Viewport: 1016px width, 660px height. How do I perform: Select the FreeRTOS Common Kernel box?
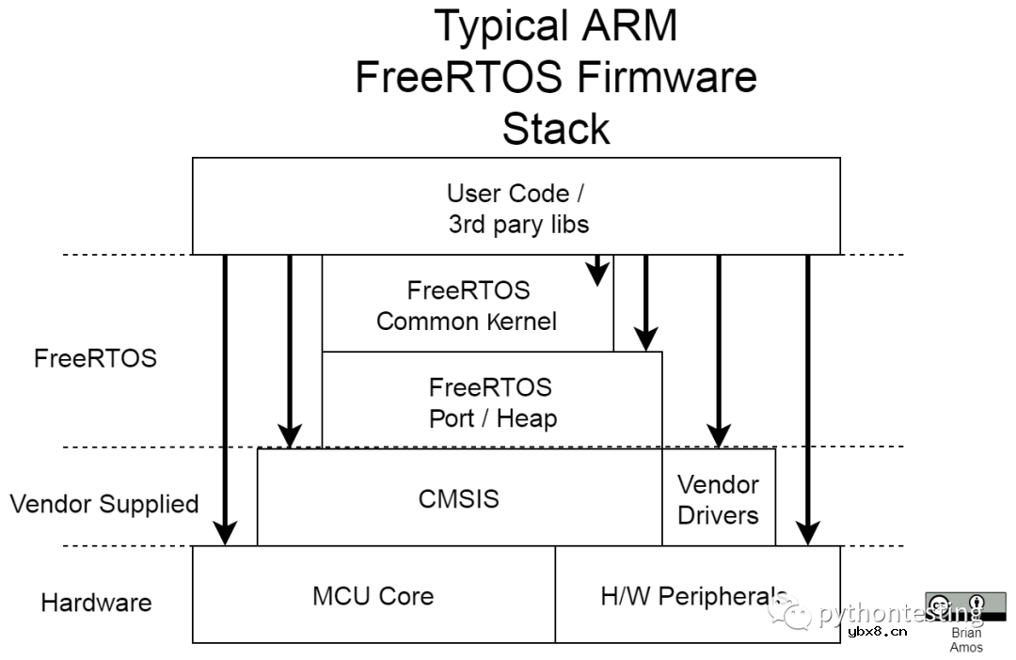(468, 305)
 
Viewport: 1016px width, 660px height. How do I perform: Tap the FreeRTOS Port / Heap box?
(491, 401)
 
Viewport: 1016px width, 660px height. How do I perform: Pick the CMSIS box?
(459, 498)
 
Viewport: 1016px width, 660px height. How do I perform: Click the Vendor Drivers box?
(719, 499)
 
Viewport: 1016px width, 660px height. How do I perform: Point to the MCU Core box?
(373, 595)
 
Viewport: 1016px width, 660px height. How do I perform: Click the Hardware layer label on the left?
(96, 603)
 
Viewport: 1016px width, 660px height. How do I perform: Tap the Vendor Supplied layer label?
(104, 504)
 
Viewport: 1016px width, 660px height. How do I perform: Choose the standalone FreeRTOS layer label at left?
(95, 358)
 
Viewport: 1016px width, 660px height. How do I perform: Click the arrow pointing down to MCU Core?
(225, 395)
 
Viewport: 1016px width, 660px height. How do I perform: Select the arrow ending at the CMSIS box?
(289, 348)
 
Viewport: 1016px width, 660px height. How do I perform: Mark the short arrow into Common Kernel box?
(595, 270)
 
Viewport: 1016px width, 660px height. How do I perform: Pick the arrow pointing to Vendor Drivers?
(719, 348)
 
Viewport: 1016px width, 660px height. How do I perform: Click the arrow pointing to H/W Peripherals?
(807, 395)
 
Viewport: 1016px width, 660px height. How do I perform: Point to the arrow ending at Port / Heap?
(644, 301)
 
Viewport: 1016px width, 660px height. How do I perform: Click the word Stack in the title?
(555, 129)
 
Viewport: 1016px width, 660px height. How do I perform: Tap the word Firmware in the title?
(668, 77)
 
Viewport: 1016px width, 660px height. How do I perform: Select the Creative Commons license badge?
(965, 607)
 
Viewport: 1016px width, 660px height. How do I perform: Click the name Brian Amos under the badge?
(966, 639)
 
